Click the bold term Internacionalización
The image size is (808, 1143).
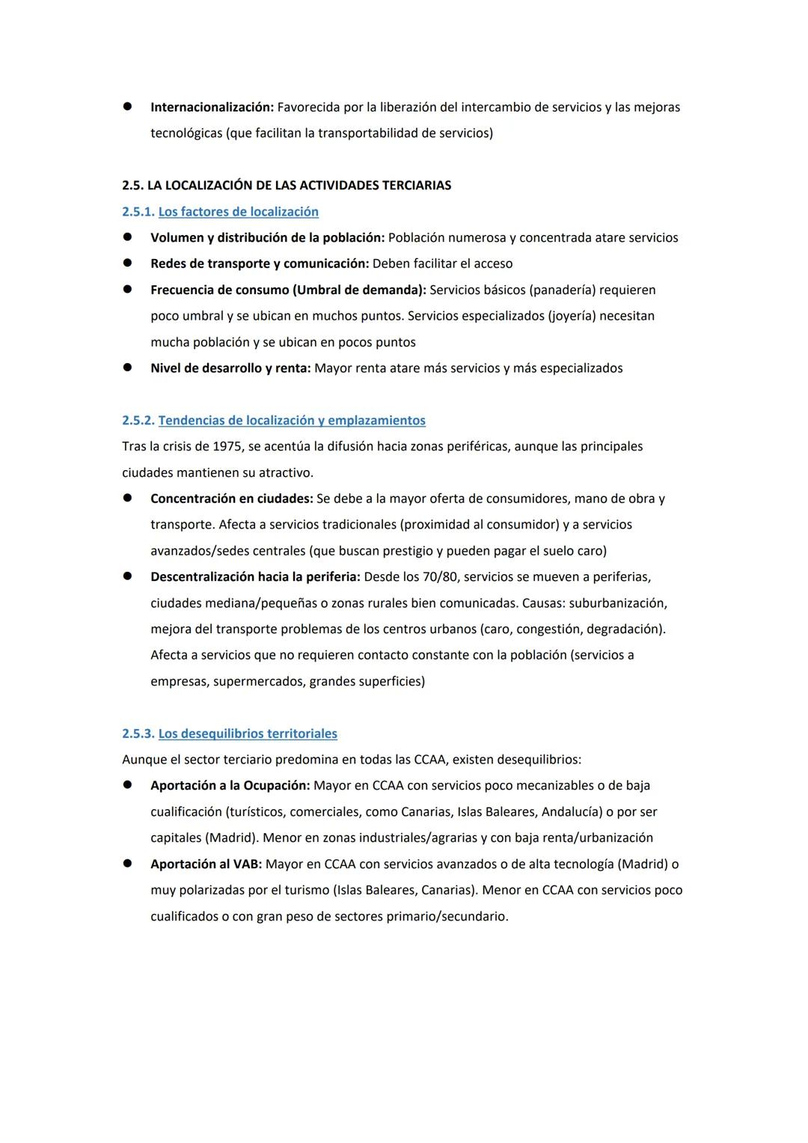(212, 107)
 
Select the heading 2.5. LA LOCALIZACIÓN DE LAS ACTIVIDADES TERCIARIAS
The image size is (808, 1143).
(287, 185)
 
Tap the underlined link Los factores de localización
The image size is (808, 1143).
(238, 212)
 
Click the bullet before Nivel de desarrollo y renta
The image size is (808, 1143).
(128, 368)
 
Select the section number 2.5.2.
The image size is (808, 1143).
(138, 421)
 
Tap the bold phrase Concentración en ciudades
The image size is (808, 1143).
(231, 499)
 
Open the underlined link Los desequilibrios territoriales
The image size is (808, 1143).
(248, 734)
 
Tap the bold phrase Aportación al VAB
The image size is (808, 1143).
(206, 864)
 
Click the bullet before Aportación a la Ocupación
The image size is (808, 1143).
(128, 785)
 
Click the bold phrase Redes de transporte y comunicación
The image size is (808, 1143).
(259, 263)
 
